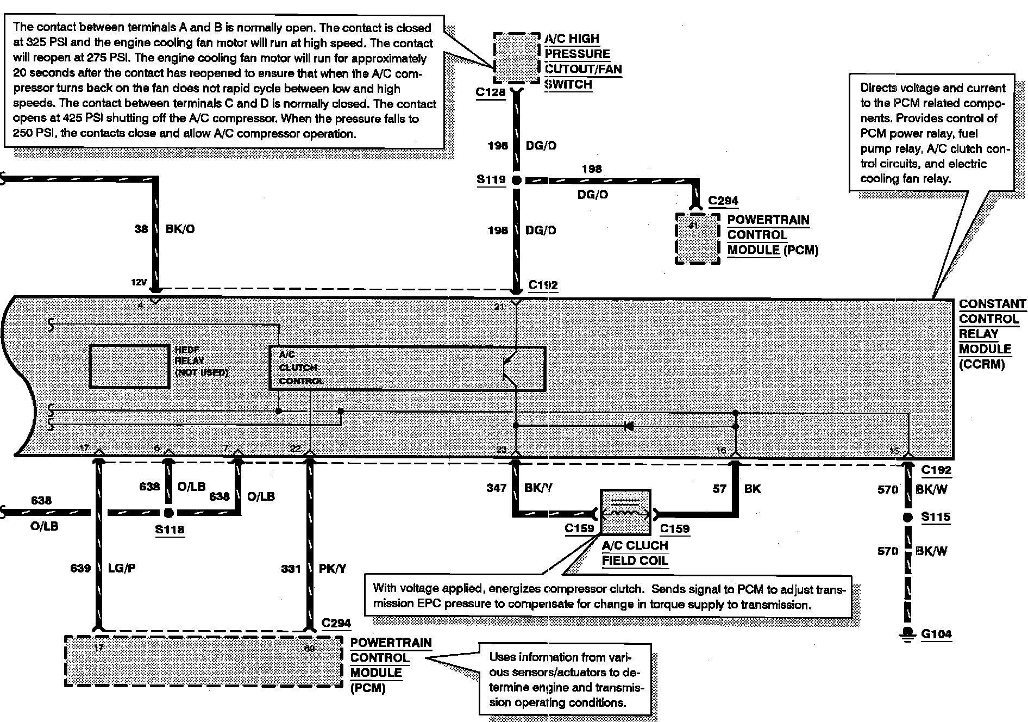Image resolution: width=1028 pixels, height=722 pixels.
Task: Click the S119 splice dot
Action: point(516,180)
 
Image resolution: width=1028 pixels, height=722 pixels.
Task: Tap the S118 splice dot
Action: point(168,513)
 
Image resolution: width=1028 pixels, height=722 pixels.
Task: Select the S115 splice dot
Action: point(907,518)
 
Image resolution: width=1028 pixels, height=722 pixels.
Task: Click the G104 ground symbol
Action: point(907,634)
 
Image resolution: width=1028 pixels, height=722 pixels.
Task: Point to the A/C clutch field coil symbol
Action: point(625,513)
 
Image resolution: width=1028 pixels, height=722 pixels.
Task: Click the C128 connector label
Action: point(490,92)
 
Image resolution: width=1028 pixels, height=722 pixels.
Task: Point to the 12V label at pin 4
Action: point(139,282)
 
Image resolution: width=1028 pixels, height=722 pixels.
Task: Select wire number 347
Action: point(496,488)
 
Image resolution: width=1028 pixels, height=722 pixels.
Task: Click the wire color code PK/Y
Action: point(333,569)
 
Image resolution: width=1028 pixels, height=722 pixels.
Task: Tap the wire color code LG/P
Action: point(122,568)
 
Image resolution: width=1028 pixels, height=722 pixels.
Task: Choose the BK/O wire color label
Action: point(180,229)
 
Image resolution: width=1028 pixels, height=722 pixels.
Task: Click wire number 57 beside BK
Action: point(719,489)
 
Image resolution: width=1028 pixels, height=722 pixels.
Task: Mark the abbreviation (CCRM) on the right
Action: point(981,364)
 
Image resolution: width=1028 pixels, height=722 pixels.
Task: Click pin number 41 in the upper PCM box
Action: point(692,225)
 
